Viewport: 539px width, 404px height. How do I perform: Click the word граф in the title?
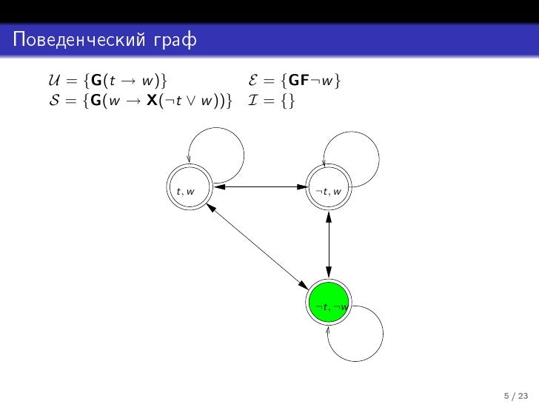tap(166, 39)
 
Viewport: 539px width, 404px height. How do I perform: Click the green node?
tap(327, 304)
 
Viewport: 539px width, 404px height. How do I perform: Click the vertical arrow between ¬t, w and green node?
tap(327, 246)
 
